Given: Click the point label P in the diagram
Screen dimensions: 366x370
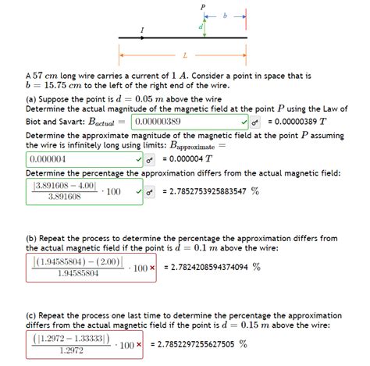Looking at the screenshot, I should (202, 6).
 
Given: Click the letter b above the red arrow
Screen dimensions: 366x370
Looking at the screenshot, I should (226, 14).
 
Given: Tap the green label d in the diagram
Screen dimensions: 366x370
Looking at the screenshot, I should (200, 27).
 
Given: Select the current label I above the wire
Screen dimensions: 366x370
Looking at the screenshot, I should (141, 30).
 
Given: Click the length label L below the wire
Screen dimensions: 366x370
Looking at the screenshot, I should (184, 55).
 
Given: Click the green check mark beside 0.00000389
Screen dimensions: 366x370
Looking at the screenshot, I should (244, 123).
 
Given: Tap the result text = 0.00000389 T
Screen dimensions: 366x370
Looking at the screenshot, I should (297, 123).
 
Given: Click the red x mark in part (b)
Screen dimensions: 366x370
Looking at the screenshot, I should (152, 268).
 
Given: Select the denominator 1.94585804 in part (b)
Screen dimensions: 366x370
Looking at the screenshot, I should (78, 274).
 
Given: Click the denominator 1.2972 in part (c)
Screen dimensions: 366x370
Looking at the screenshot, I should (72, 350).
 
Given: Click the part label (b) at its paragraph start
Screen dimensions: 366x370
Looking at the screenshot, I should (33, 238).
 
